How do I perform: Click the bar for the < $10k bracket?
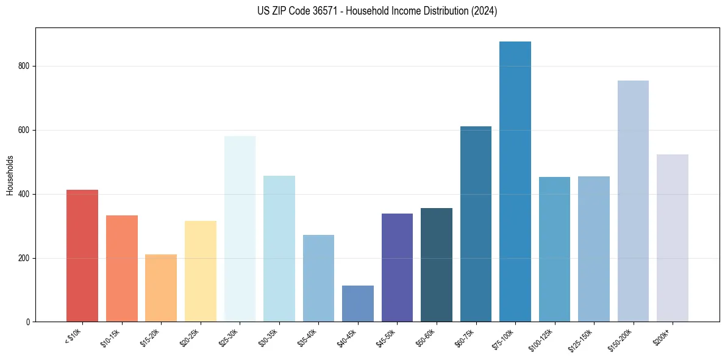click(x=82, y=256)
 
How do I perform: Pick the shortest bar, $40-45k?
click(x=358, y=303)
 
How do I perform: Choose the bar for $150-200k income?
click(x=633, y=201)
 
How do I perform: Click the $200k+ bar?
click(x=672, y=238)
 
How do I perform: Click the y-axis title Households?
click(x=10, y=175)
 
